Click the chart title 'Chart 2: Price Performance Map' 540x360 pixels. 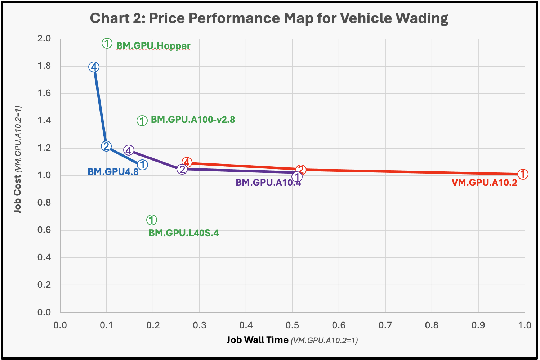[x=269, y=18]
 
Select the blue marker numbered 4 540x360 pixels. [x=94, y=67]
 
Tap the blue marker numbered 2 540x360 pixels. [x=106, y=146]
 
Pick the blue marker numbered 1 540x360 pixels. [x=143, y=165]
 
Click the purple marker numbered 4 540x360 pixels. [x=129, y=150]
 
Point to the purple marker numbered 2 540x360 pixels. [x=182, y=169]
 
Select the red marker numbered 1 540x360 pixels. [x=523, y=174]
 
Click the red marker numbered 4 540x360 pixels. [x=187, y=163]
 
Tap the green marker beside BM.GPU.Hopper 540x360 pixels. [x=107, y=44]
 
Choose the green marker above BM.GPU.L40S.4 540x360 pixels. [x=152, y=220]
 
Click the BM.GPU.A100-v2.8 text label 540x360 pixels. [x=193, y=120]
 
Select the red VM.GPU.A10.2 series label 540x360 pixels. [x=484, y=183]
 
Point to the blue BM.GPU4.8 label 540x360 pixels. [x=113, y=172]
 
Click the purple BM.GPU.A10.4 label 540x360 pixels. [x=268, y=183]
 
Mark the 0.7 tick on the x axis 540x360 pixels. [x=385, y=325]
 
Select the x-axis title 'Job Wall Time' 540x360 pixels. [x=257, y=340]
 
